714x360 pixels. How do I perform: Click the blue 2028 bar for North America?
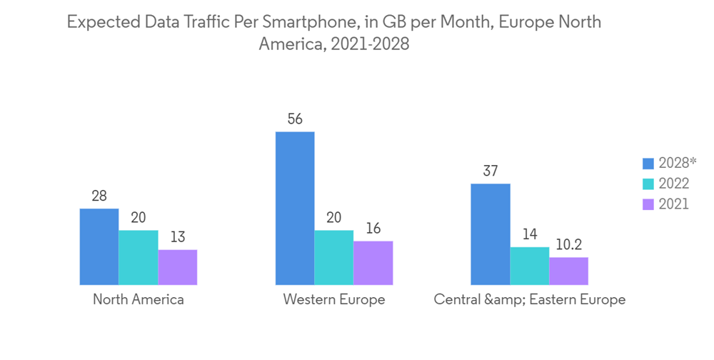(99, 246)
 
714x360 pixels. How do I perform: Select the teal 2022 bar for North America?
(139, 257)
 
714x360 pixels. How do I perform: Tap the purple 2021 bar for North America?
(178, 267)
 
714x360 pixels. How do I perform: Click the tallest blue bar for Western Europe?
(295, 208)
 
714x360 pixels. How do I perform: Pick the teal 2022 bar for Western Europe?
(334, 257)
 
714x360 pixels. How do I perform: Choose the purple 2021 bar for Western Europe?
(373, 263)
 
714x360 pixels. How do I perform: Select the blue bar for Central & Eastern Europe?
(491, 234)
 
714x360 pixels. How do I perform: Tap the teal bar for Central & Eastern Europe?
(530, 266)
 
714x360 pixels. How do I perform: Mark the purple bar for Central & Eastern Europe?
(569, 271)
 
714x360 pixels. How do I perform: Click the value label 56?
(295, 119)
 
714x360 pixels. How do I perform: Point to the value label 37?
(491, 171)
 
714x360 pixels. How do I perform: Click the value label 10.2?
(569, 245)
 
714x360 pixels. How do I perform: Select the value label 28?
(99, 196)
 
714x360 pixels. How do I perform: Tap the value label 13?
(178, 237)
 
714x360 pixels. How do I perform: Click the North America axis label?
(139, 300)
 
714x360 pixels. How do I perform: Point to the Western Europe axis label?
(334, 300)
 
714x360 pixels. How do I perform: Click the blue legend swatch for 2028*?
(648, 163)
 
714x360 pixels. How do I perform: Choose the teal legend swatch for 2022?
(648, 184)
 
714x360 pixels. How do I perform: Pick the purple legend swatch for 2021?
(648, 204)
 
